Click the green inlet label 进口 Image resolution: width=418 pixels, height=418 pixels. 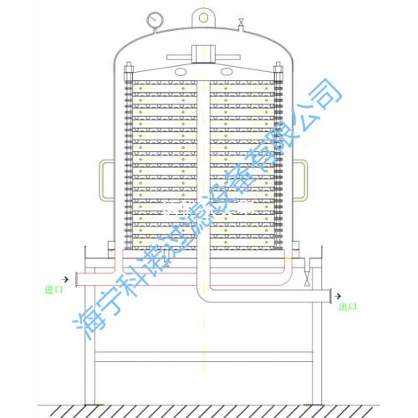pos(54,289)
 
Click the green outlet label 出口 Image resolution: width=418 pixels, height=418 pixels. pos(348,307)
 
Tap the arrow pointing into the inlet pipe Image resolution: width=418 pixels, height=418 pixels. pos(65,279)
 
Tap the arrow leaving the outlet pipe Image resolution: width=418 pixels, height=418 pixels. pos(338,296)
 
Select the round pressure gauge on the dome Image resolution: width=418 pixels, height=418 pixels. pos(155,20)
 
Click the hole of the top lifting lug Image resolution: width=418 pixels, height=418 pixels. pos(203,18)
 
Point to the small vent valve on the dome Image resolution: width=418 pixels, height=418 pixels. pos(241,24)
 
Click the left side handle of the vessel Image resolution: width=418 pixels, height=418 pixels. pos(106,180)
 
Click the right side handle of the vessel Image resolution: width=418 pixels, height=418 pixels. pos(300,180)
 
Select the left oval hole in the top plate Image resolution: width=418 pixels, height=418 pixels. pos(181,72)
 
